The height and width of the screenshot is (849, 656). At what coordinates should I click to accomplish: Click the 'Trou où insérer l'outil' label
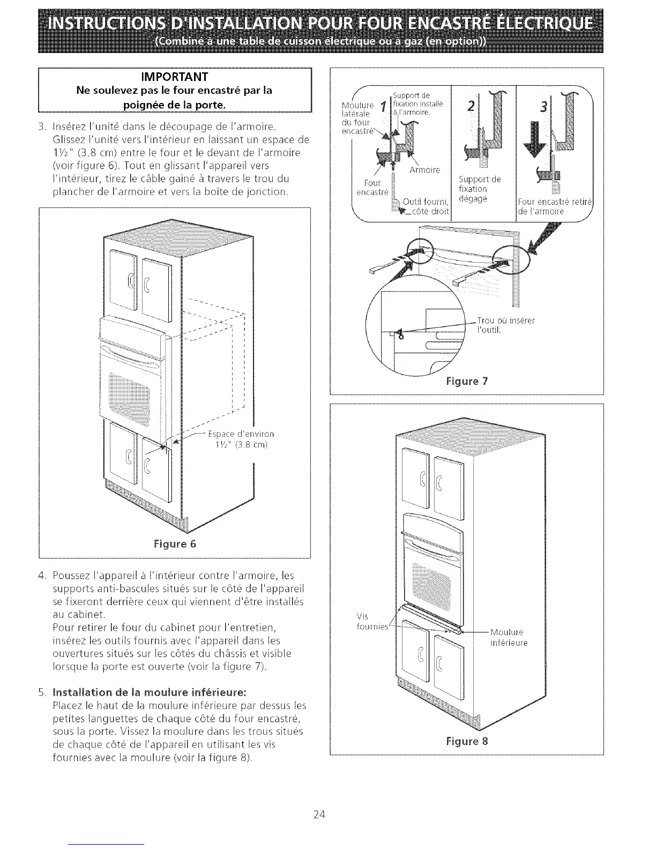[505, 325]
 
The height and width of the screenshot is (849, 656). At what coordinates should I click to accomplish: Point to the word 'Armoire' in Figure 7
[424, 170]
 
